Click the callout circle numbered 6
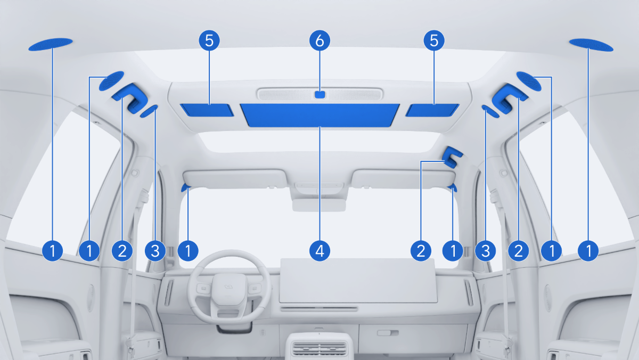click(320, 40)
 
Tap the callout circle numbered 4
click(320, 251)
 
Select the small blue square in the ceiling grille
click(320, 95)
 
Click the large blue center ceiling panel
click(319, 115)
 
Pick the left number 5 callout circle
click(209, 40)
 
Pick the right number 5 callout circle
click(434, 40)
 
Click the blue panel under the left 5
click(207, 110)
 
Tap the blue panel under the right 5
click(432, 110)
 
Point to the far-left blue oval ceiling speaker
click(51, 44)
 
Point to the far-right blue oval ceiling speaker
click(591, 45)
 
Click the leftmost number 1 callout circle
click(53, 251)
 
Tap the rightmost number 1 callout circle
click(588, 251)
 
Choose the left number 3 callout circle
click(155, 251)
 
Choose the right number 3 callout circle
click(486, 251)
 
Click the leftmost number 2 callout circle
click(122, 251)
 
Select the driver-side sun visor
click(234, 179)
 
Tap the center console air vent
click(320, 348)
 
